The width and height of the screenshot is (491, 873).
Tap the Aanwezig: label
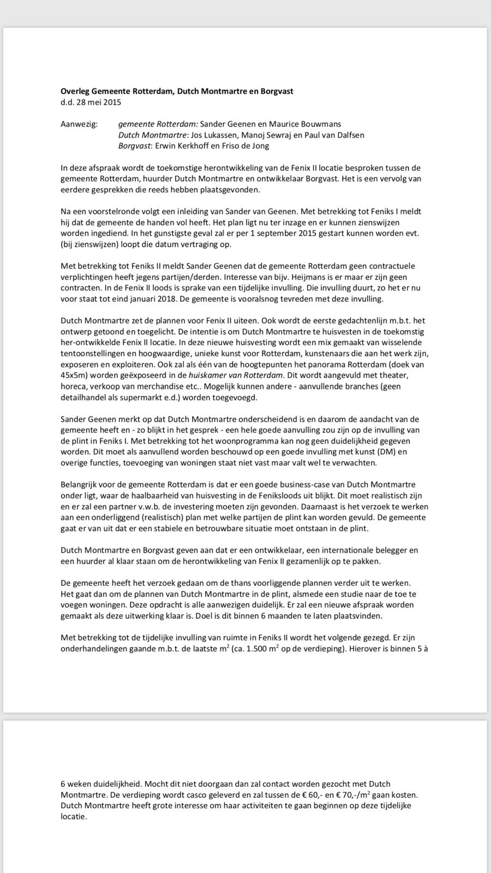click(x=79, y=124)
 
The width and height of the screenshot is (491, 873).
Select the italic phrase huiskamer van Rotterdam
click(x=236, y=375)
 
